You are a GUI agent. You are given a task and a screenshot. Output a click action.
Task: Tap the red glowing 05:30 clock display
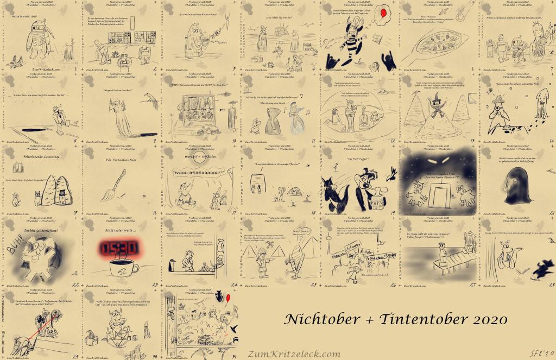tap(118, 248)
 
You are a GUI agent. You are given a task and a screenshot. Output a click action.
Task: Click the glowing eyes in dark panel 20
tap(439, 161)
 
